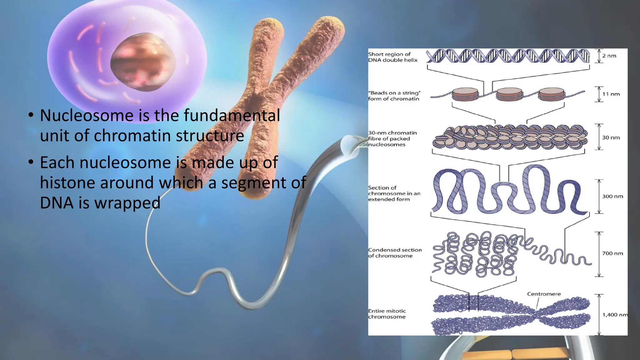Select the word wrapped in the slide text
127,203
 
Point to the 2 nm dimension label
609,56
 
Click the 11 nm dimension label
611,94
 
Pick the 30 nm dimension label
611,137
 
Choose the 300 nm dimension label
612,197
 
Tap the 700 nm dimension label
612,253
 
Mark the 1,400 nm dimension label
614,315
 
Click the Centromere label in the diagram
544,294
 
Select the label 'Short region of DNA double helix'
392,57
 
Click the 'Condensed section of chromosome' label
395,253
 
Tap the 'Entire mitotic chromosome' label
387,314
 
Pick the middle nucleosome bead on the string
509,94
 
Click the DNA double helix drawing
507,56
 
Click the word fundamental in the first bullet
232,115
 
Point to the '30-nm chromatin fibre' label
392,138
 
